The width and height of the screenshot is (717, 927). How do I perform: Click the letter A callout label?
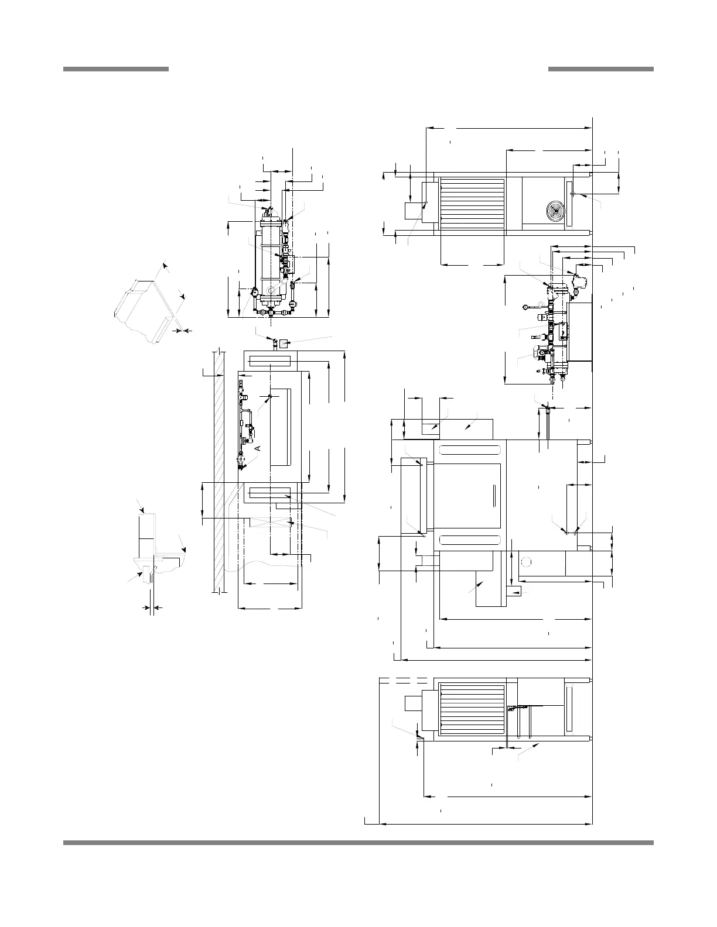257,448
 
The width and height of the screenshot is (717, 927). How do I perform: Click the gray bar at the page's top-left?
116,69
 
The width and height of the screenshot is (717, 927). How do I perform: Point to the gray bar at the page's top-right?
600,69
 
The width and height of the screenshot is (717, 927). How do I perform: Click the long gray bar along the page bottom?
358,843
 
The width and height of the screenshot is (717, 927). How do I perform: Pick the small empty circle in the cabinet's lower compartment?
525,562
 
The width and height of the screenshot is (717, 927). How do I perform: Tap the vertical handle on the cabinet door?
494,496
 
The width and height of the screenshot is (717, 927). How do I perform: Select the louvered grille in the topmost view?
472,203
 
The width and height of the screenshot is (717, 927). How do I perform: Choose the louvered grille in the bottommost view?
472,708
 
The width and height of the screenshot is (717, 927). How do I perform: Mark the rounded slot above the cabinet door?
471,450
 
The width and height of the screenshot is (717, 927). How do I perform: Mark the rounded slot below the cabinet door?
471,540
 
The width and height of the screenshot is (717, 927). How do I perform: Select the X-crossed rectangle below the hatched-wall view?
271,523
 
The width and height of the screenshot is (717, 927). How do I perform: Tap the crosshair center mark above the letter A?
270,397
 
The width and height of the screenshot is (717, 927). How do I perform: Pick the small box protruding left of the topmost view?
414,211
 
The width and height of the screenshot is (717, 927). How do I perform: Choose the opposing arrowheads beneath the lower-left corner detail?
152,609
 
